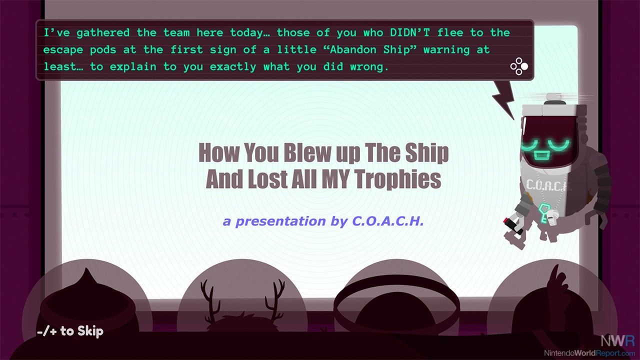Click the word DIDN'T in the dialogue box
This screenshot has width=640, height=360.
point(409,32)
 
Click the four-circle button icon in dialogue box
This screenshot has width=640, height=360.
point(519,66)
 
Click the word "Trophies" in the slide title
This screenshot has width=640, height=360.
point(397,179)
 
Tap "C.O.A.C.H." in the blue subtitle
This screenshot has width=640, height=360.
point(387,221)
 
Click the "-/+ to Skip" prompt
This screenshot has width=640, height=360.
point(70,331)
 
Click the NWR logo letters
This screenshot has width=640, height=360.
point(617,340)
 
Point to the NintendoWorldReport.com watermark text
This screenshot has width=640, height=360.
point(589,353)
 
